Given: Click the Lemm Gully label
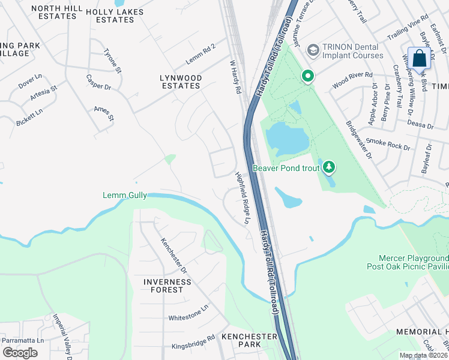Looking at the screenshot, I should (x=125, y=196).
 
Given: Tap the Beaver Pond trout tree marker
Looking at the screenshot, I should (x=328, y=168).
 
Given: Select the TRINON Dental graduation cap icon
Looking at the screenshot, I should (x=312, y=49).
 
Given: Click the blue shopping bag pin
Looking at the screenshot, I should (x=420, y=59).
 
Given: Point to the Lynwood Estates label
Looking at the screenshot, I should (x=180, y=82).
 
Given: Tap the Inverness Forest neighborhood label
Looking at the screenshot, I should (x=167, y=286).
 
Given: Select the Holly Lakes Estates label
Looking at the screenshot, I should (x=118, y=16).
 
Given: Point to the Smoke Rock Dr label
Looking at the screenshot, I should (x=388, y=143).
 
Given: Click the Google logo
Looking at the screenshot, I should (x=20, y=352).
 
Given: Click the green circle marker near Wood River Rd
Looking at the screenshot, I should (x=307, y=76).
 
